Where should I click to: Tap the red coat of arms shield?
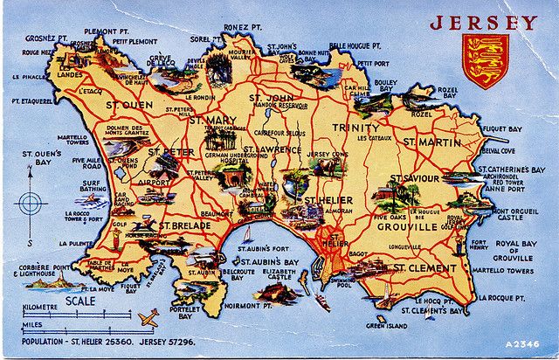tap(485, 61)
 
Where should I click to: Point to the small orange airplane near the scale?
tap(148, 316)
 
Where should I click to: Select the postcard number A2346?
tap(521, 343)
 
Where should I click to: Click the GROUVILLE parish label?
tap(406, 226)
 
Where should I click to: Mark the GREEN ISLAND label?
tap(386, 325)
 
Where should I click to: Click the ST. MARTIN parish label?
tap(431, 142)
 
